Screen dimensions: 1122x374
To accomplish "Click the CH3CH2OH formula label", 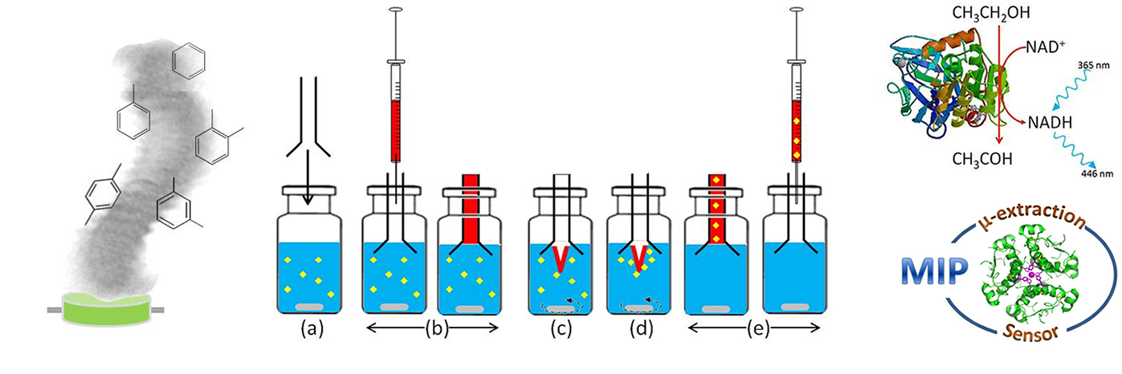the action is point(991,13).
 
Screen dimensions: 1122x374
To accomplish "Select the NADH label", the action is point(1050,123).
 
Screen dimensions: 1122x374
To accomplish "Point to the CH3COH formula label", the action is point(982,159).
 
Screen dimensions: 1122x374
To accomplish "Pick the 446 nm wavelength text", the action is point(1097,173).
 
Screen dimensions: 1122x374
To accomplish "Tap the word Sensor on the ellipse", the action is point(1030,332).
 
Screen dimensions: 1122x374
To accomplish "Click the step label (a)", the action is point(312,328).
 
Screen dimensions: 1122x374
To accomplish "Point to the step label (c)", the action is point(561,328).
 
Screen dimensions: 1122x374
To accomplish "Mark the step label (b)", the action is point(436,328).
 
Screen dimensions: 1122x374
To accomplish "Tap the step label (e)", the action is point(757,328).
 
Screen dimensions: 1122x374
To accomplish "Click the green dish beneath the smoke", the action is point(106,309).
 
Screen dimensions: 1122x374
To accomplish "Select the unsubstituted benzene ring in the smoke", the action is point(188,59).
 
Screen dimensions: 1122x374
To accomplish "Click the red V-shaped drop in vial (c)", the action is point(561,258).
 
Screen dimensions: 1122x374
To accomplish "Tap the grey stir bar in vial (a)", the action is point(309,307).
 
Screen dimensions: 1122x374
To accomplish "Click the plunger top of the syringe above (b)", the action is point(396,9).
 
